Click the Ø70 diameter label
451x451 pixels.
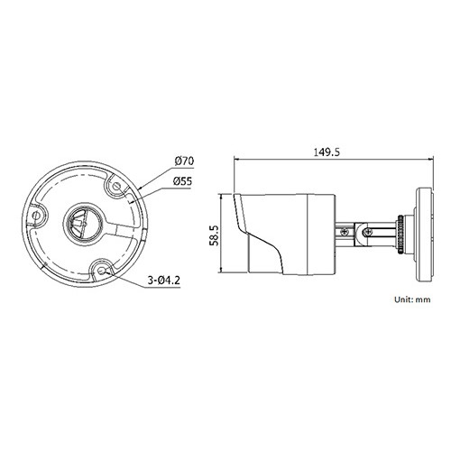[x=184, y=161]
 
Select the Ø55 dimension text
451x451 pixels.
[x=182, y=181]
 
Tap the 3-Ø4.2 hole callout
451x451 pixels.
[x=163, y=281]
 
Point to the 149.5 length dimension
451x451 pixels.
[x=327, y=152]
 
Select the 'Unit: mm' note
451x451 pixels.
[x=412, y=299]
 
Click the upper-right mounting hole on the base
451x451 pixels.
[x=117, y=187]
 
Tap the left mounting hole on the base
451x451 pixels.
[x=36, y=216]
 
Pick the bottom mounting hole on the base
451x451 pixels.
[x=101, y=271]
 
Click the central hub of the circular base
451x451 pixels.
[x=83, y=224]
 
